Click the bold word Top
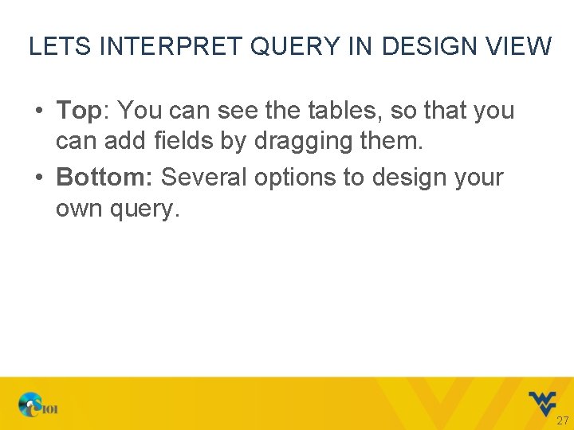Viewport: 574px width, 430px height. pos(79,111)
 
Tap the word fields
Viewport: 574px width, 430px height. pos(197,143)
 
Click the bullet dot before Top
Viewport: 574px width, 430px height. pos(39,111)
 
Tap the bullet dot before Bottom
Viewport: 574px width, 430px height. pos(39,177)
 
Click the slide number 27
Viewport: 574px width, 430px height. pos(562,420)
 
